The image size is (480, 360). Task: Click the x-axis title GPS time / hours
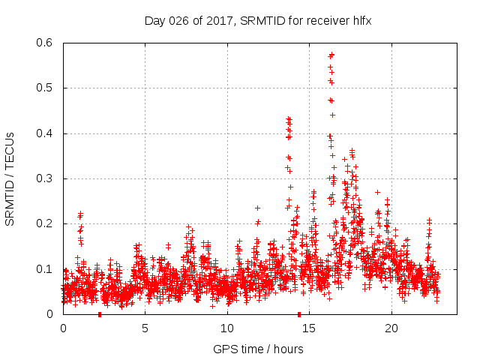258,349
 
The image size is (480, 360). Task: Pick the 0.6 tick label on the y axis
46,43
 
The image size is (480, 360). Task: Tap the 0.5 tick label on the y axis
46,88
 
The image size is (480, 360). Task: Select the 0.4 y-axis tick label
46,133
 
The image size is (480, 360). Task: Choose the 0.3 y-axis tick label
46,178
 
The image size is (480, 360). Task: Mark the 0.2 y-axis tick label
46,223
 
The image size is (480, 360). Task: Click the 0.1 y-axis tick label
46,268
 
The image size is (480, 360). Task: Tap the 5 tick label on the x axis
145,328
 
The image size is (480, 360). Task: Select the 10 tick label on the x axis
227,328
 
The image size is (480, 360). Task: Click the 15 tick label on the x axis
309,328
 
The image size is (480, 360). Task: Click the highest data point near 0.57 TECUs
331,54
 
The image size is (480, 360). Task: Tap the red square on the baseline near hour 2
100,314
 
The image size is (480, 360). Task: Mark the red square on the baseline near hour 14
299,314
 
